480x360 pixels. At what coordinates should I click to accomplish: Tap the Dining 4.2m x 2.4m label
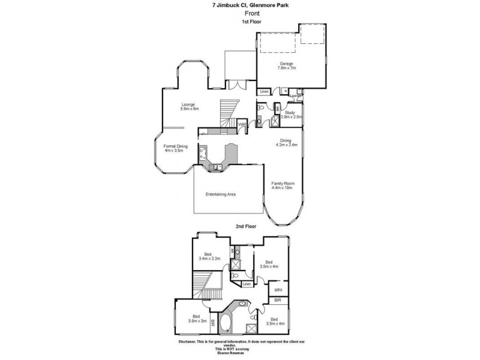(286, 143)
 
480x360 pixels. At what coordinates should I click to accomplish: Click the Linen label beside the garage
(264, 91)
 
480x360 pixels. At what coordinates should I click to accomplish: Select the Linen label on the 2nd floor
(246, 284)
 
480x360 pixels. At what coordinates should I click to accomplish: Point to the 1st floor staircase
(227, 112)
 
